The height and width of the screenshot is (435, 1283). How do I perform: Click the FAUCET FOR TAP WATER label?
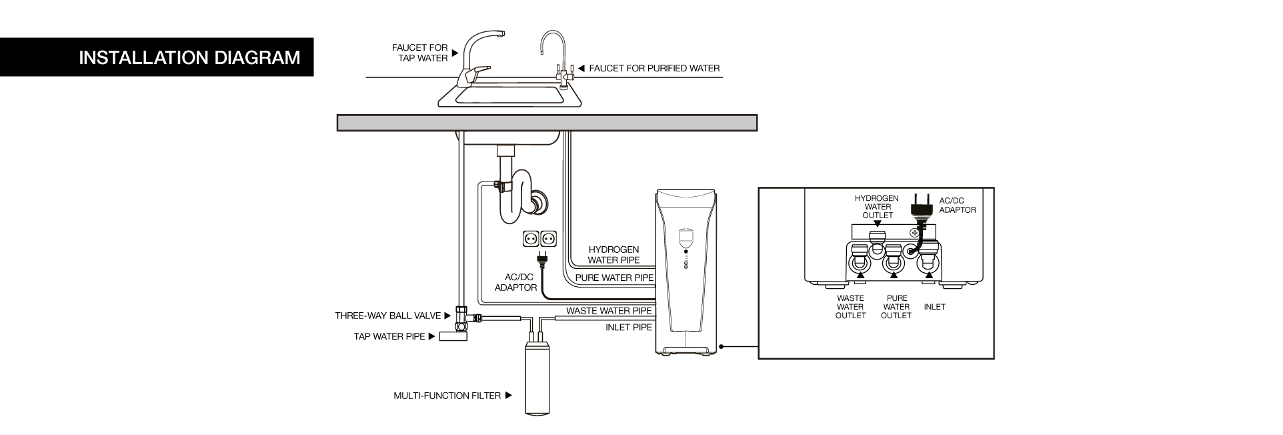tap(420, 53)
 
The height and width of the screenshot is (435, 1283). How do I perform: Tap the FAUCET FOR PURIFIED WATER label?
tap(654, 68)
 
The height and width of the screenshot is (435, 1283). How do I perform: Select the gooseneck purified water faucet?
tap(555, 53)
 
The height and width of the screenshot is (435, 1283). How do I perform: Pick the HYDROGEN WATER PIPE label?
tap(613, 254)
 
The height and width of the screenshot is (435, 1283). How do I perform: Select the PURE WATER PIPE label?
tap(614, 277)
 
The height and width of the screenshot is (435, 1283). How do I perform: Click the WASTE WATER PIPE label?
tap(609, 311)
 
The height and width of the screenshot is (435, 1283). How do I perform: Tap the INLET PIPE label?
tap(628, 327)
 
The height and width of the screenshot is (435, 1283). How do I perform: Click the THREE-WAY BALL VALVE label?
tap(388, 316)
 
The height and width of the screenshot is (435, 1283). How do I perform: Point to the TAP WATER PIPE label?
tap(389, 336)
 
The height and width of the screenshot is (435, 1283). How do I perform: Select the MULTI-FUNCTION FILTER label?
tap(447, 396)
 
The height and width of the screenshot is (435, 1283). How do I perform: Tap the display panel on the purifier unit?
tap(685, 237)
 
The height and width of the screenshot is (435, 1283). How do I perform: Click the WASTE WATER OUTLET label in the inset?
tap(850, 307)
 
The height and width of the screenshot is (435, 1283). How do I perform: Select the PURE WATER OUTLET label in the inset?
tap(896, 307)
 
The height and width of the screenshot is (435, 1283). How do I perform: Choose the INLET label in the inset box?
tap(934, 307)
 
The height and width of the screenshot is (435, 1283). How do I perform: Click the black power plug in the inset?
tap(920, 207)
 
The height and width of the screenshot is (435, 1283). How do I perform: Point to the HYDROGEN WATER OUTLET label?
tap(877, 206)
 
